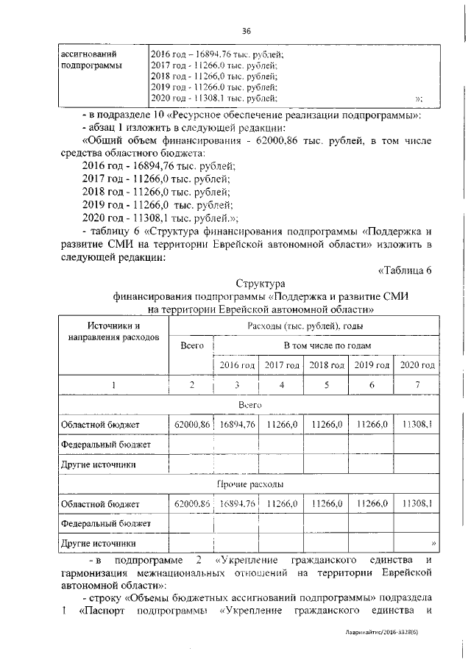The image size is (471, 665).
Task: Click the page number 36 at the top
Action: click(247, 30)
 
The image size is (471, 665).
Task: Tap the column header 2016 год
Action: click(237, 365)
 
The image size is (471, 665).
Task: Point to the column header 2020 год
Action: click(417, 365)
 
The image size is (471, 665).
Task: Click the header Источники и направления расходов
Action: click(113, 331)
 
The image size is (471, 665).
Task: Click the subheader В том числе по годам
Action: click(327, 345)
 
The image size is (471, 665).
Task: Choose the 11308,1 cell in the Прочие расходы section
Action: click(417, 504)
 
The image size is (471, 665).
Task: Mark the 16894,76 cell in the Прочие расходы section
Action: click(237, 504)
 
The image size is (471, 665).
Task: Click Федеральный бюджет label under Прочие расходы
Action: click(105, 523)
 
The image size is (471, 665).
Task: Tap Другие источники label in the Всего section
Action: click(98, 464)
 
